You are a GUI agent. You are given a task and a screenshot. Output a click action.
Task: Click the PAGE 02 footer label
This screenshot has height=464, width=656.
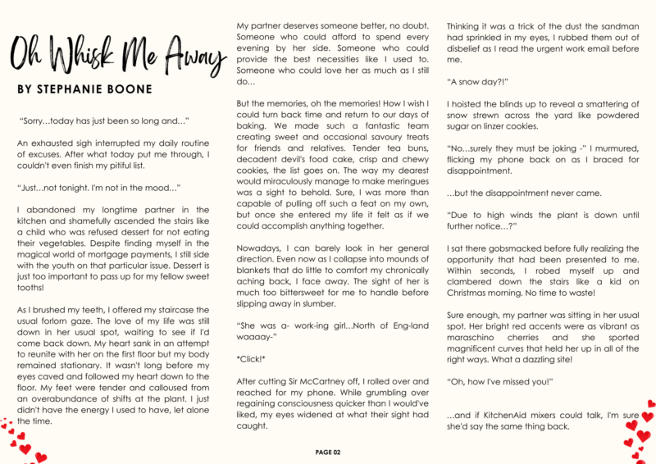click(328, 452)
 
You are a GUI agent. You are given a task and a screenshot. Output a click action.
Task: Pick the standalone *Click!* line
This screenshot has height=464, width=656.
click(252, 357)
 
